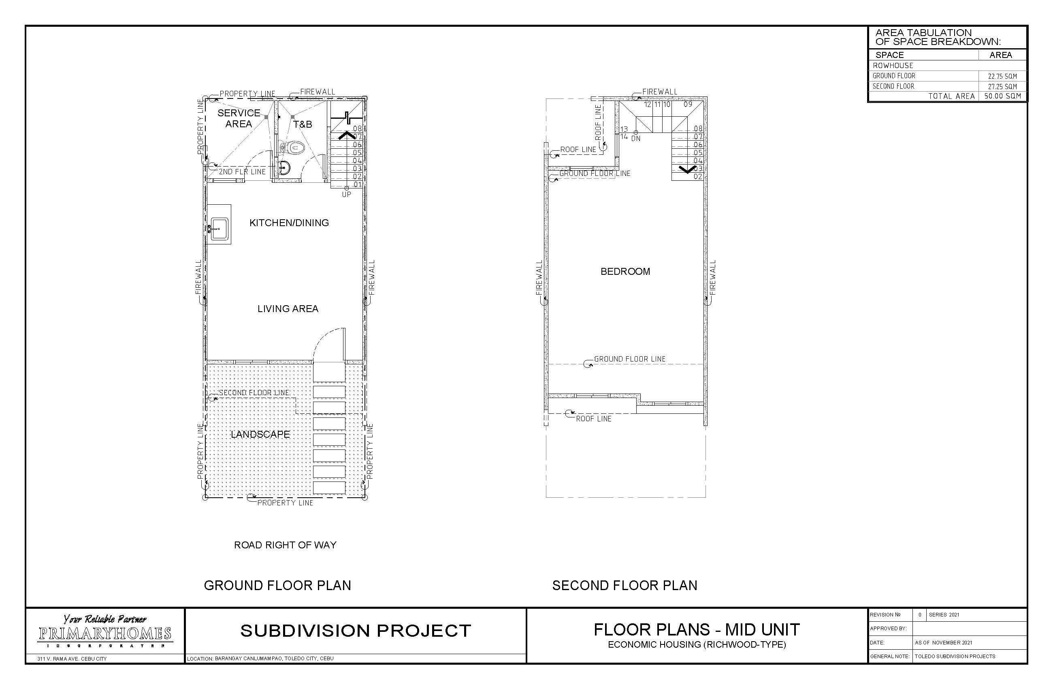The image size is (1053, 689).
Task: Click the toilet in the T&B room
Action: coord(293,147)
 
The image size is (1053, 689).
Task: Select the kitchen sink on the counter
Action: coord(219,229)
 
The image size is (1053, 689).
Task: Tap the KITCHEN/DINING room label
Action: coord(289,223)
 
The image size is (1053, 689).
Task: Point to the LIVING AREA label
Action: coord(288,309)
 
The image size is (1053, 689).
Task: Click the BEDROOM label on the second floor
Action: coord(625,272)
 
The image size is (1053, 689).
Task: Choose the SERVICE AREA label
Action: coord(239,118)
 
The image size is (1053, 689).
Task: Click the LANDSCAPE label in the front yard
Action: coord(260,434)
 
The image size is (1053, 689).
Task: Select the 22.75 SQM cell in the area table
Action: coord(1002,76)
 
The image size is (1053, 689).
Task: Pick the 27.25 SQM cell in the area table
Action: coord(1002,87)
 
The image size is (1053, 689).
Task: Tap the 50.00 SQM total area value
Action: coord(1002,96)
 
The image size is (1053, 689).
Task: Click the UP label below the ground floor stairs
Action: coord(346,195)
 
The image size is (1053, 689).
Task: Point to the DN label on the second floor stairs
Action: coord(636,139)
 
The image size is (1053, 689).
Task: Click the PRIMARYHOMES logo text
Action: coord(105,633)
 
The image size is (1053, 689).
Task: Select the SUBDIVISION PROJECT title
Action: coord(356,631)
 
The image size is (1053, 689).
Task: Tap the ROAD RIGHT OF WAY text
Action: coord(286,545)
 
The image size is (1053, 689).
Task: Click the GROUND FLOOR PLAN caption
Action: coord(277,585)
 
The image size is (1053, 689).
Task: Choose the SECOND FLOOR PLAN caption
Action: coord(625,585)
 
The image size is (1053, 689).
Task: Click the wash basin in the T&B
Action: coord(284,168)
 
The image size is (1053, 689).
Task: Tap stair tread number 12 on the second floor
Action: coord(648,105)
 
